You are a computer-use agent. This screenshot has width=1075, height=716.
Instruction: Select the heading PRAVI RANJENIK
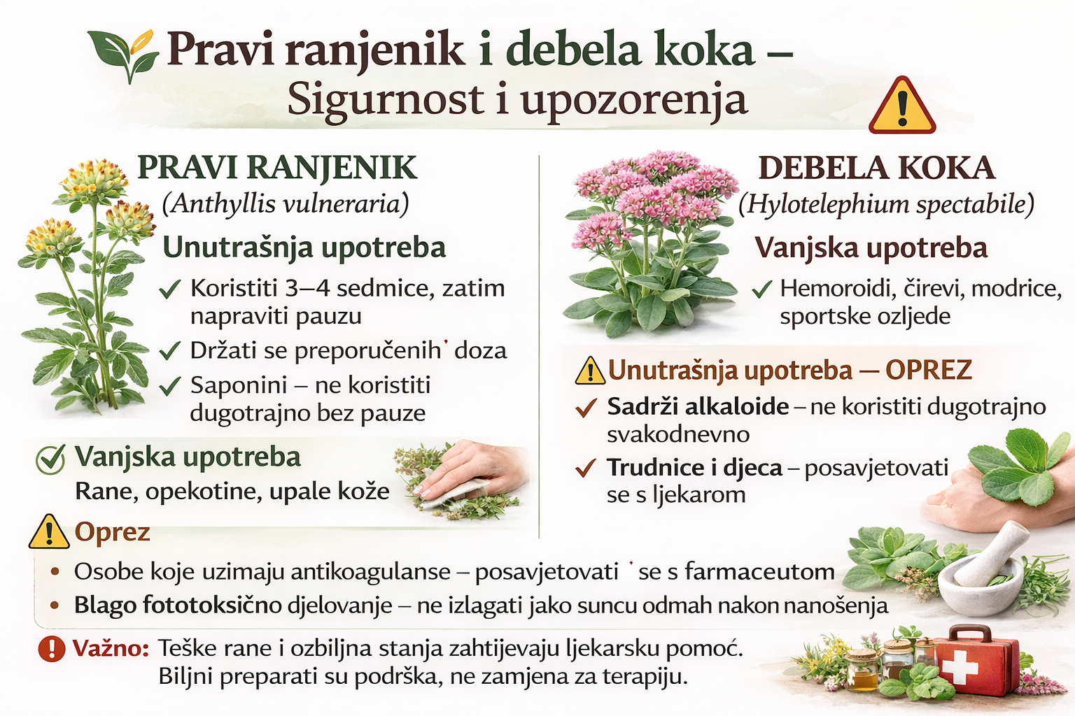[277, 168]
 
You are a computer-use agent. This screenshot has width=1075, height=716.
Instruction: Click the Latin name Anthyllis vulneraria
[286, 203]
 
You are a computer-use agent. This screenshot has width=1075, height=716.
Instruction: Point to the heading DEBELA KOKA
[876, 168]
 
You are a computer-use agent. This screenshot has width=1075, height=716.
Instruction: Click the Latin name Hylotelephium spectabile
[887, 204]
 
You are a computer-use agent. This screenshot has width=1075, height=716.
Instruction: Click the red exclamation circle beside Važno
[51, 648]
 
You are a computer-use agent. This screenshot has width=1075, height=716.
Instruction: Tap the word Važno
[111, 648]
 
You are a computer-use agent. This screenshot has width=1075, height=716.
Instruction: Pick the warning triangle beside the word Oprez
[49, 533]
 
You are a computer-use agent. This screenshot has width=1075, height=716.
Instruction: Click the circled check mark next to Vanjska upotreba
[51, 459]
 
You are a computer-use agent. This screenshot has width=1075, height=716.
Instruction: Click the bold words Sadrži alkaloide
[698, 406]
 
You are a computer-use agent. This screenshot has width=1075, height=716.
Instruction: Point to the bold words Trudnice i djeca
[694, 467]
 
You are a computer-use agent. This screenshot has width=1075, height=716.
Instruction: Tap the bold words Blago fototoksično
[178, 605]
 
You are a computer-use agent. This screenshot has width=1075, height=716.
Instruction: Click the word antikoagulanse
[370, 572]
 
